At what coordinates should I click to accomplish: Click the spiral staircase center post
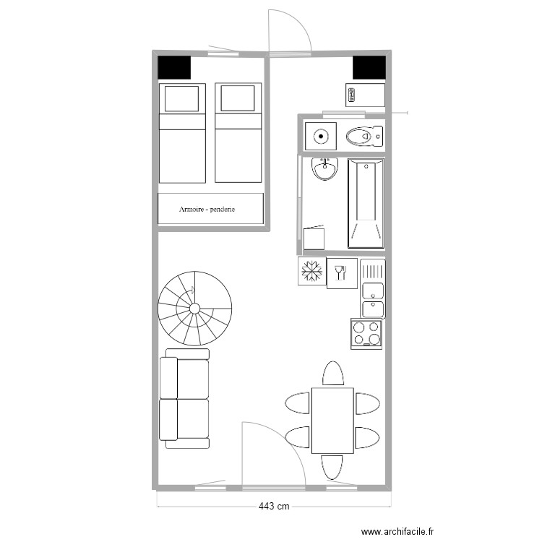tap(194, 309)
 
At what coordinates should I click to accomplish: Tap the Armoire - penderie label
tap(212, 210)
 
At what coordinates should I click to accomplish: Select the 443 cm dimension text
tap(274, 507)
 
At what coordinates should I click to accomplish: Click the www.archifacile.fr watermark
tap(398, 531)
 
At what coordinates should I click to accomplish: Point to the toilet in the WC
tap(364, 135)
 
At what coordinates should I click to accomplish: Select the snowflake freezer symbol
tap(312, 272)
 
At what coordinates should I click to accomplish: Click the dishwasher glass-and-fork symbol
tap(342, 273)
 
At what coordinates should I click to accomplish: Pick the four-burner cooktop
tap(366, 334)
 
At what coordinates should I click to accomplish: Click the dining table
tap(332, 421)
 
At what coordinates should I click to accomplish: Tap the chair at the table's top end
tap(332, 374)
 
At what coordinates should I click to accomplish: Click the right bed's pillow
tap(238, 98)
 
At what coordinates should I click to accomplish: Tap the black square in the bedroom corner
tap(174, 67)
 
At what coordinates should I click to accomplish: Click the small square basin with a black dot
tap(319, 135)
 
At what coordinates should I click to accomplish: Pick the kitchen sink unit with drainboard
tap(373, 289)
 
